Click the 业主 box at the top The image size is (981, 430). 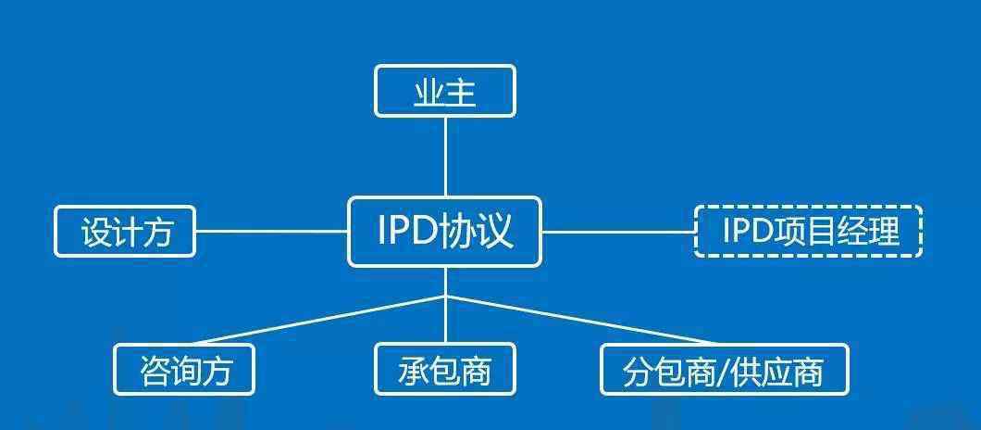point(444,91)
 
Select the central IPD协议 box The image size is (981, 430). point(445,231)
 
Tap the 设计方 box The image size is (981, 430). point(126,231)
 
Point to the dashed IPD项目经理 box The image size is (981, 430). point(809,231)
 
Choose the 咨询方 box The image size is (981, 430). point(184,370)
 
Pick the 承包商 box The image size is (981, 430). point(445,370)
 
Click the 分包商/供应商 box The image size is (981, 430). point(724,370)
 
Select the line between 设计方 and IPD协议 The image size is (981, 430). point(272,231)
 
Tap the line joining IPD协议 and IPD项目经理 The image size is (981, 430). point(617,231)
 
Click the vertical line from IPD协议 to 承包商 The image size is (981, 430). point(445,320)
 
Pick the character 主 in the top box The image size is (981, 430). point(460,91)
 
